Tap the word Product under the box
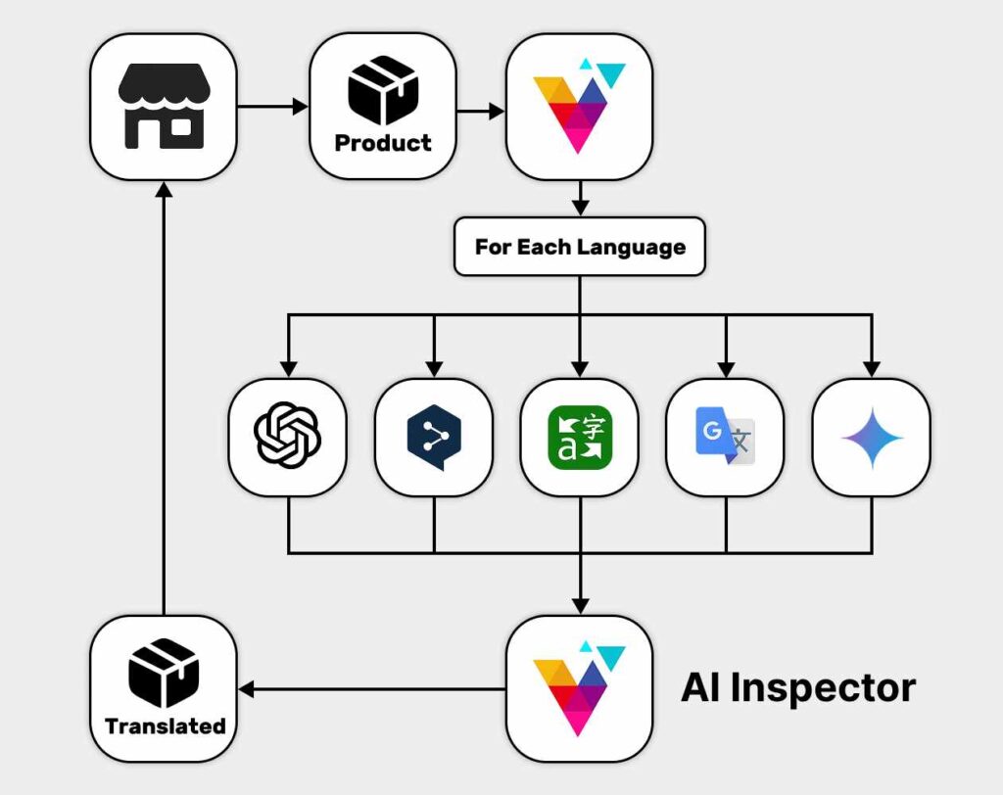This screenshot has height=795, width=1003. (x=382, y=143)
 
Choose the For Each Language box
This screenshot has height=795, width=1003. (x=579, y=246)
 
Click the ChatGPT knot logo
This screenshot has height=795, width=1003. (x=287, y=436)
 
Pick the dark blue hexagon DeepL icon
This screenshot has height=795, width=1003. (x=434, y=436)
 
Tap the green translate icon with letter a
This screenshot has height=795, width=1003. (x=579, y=436)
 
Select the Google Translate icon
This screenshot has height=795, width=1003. (x=725, y=436)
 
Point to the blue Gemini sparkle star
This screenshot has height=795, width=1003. (x=872, y=436)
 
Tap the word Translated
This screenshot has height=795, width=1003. (x=165, y=726)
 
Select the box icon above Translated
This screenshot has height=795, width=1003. (x=164, y=673)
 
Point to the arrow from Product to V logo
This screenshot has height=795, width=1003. (x=481, y=112)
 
